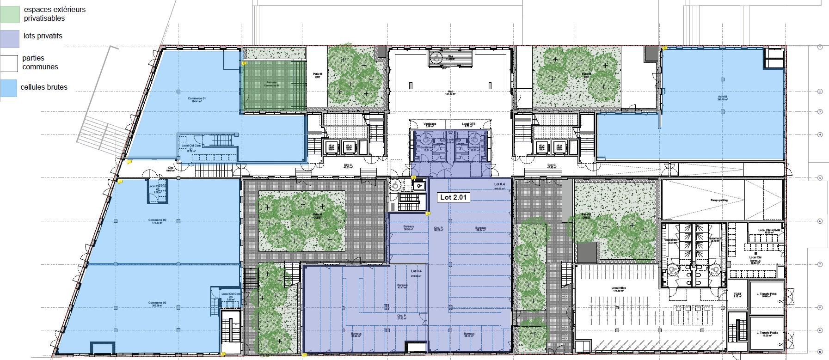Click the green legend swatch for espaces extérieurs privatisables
(x=10, y=14)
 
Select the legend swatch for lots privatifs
(x=10, y=39)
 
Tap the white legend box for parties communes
(x=10, y=64)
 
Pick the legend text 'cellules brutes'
(x=44, y=87)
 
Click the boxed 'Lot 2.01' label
(x=454, y=197)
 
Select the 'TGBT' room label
(x=737, y=295)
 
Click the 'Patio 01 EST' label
(x=317, y=75)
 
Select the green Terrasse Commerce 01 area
(x=273, y=85)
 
